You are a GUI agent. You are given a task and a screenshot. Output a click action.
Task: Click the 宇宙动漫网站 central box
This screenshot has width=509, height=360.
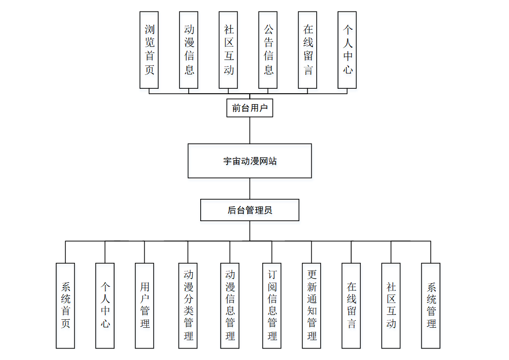(249, 161)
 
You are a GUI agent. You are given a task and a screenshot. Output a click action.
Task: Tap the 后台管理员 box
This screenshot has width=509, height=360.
(249, 210)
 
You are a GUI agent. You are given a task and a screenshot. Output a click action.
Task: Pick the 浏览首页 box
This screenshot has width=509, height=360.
(149, 50)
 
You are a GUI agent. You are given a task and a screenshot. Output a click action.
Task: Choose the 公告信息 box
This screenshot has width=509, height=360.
(268, 50)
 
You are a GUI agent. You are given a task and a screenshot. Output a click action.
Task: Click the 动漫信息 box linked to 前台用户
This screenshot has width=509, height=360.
(189, 50)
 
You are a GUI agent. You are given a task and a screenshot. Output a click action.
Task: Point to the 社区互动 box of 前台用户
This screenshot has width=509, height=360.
(228, 50)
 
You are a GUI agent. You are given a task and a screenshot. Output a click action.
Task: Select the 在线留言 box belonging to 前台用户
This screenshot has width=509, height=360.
(308, 50)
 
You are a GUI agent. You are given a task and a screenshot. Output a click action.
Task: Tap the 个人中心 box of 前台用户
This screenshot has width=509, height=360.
(347, 50)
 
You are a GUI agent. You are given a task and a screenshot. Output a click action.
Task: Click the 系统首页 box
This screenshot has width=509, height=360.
(65, 305)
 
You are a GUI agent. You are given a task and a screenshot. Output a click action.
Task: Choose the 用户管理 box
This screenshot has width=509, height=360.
(145, 305)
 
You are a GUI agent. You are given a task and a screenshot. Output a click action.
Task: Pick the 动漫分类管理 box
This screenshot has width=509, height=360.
(188, 305)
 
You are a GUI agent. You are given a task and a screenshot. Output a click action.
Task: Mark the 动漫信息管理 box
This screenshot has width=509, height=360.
(230, 305)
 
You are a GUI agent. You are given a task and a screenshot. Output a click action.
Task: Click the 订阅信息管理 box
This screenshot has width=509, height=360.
(272, 305)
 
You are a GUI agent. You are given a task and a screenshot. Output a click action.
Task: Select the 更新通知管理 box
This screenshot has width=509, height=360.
(312, 305)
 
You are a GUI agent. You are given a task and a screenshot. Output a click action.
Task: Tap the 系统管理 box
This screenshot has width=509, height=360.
(431, 305)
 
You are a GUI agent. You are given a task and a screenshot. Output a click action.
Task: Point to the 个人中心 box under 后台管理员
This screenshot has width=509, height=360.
(105, 305)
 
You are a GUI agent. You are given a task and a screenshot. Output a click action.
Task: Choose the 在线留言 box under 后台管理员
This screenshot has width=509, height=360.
(351, 305)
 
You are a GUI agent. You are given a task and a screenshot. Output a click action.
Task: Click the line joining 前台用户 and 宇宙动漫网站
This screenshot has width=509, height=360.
(250, 130)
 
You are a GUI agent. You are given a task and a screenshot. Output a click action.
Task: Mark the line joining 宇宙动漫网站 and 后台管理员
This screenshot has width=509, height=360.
(250, 188)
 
